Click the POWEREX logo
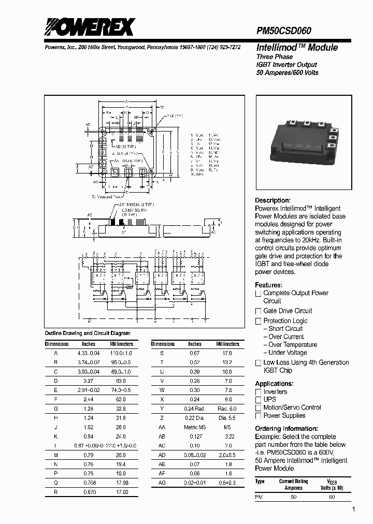pos(89,27)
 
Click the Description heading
pos(272,200)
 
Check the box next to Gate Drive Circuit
pos(258,311)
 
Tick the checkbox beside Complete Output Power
pos(258,294)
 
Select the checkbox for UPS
pos(258,400)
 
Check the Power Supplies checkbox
pos(258,416)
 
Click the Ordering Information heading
pos(286,429)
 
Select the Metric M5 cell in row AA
pos(195,427)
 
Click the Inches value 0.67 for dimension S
pos(195,353)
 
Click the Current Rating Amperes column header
pos(294,484)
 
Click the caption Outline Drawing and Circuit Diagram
pos(88,333)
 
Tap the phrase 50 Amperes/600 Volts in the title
pos(288,72)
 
